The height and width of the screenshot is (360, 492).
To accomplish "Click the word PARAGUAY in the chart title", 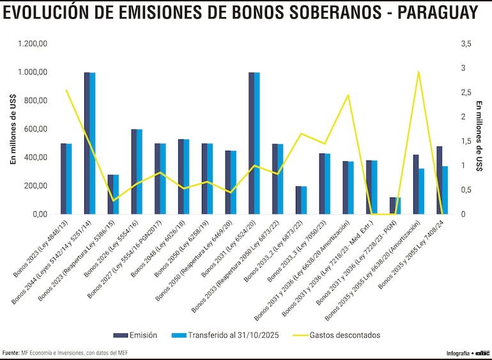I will click(x=438, y=13).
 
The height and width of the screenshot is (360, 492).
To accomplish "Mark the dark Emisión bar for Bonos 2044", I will click(x=87, y=143).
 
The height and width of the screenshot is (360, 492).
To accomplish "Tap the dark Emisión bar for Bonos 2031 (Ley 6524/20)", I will click(x=251, y=143).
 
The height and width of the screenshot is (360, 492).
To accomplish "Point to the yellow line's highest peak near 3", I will click(x=419, y=72).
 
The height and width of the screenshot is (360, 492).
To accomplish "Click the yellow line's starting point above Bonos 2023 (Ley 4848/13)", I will click(x=66, y=90).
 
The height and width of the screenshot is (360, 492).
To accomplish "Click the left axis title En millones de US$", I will click(x=13, y=129).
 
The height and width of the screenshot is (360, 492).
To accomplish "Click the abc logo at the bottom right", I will click(x=482, y=353).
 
